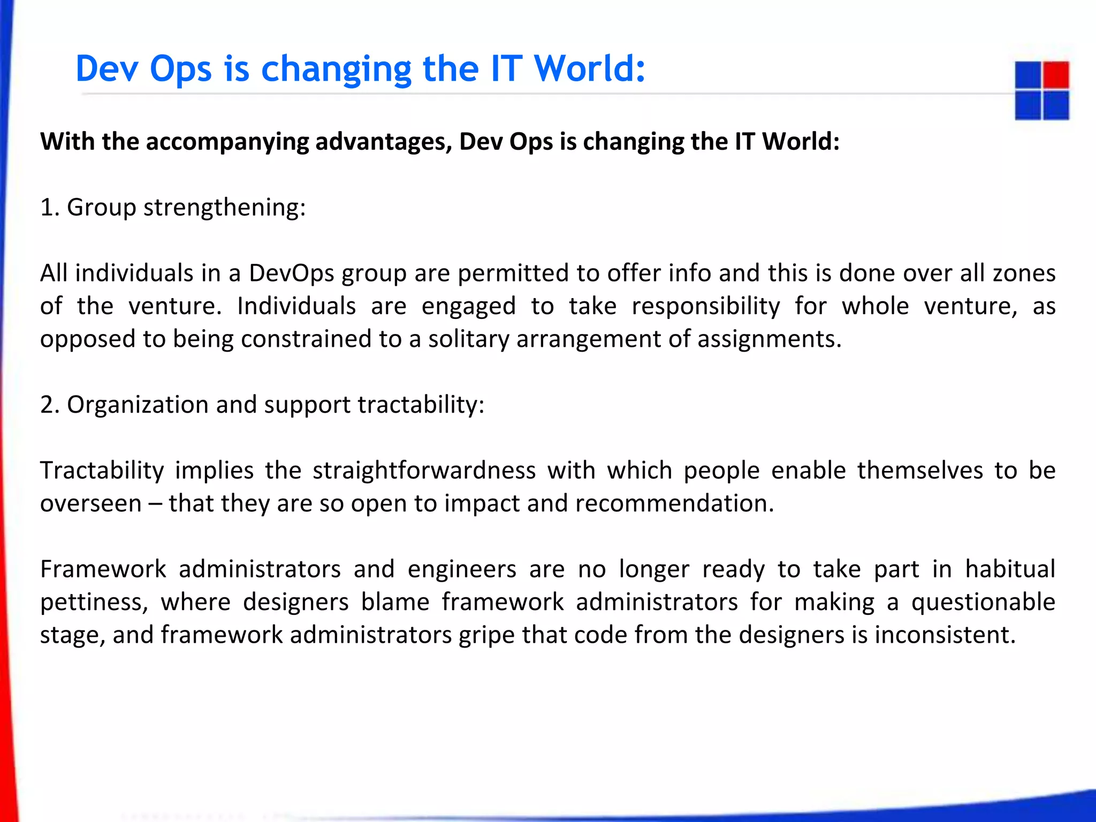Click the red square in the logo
tap(1055, 75)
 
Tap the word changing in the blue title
tap(336, 70)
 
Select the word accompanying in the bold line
tap(227, 142)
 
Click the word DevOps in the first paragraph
tap(291, 273)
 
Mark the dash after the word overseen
tap(155, 504)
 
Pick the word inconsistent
tap(945, 635)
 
